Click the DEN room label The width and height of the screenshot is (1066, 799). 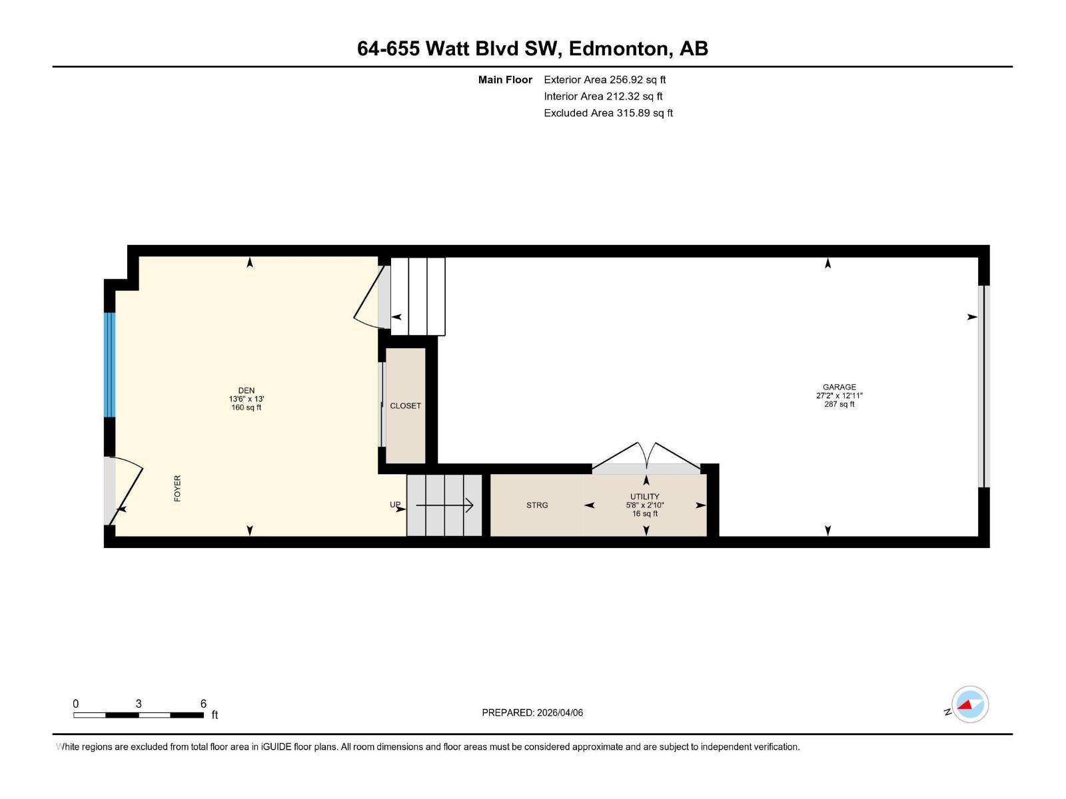(x=246, y=391)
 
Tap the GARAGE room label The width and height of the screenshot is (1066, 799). (x=839, y=387)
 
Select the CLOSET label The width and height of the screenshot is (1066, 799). (x=405, y=406)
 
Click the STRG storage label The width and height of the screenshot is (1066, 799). (x=537, y=505)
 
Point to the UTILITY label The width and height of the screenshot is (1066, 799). (x=644, y=497)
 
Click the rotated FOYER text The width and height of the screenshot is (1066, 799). (x=177, y=488)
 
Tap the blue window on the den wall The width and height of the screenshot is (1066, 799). (x=110, y=364)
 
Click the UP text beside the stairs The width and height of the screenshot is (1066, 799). (x=395, y=505)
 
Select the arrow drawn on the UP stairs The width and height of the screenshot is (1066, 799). (x=444, y=506)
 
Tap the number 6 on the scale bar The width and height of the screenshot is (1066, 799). (x=203, y=704)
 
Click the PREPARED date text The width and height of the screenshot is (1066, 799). (x=532, y=712)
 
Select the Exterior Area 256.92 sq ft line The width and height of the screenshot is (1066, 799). (x=604, y=80)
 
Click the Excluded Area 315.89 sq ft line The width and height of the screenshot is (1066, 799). (x=608, y=113)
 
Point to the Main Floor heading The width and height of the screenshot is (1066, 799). (x=505, y=80)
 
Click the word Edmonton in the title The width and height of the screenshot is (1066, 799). (x=618, y=49)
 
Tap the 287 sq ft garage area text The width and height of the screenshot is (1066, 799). (x=839, y=404)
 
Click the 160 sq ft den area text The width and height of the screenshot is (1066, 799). (x=246, y=407)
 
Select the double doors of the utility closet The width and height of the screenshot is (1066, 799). (x=646, y=457)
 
